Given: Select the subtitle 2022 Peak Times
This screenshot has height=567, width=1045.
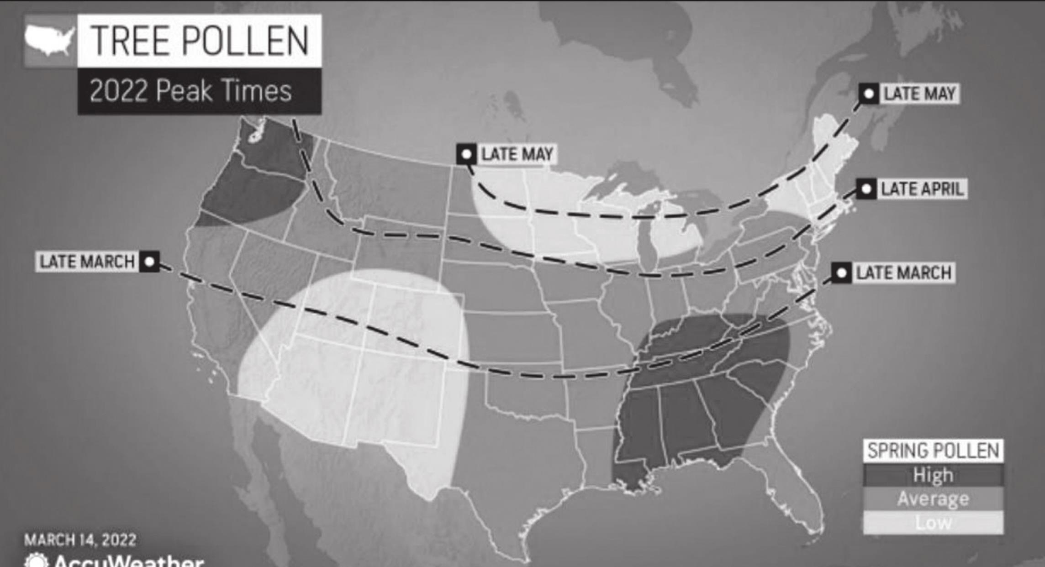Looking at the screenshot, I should click(x=190, y=91).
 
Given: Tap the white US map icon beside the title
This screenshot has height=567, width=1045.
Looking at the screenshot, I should click(x=50, y=40).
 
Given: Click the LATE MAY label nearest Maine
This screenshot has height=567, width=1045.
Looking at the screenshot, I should click(x=919, y=94).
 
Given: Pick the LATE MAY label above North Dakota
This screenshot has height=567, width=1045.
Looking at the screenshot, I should click(x=517, y=154).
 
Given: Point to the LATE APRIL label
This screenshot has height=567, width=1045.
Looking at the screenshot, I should click(x=922, y=189).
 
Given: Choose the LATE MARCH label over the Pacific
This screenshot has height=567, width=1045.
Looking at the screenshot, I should click(x=87, y=262).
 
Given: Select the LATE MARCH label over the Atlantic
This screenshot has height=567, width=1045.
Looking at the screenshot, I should click(x=903, y=273).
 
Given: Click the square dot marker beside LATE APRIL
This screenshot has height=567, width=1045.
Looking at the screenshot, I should click(x=866, y=189).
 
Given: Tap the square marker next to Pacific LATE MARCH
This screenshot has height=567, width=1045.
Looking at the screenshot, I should click(x=149, y=262).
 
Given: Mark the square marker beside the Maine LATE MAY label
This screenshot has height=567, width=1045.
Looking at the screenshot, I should click(x=869, y=94).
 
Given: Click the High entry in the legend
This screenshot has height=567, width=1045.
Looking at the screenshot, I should click(x=933, y=475).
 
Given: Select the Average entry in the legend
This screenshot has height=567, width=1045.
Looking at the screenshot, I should click(x=933, y=499).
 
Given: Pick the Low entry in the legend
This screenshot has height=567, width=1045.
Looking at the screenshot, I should click(x=933, y=522).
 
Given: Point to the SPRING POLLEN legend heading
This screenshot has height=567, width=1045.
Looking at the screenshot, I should click(x=933, y=451).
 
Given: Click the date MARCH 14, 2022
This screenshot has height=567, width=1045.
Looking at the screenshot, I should click(x=80, y=540).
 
